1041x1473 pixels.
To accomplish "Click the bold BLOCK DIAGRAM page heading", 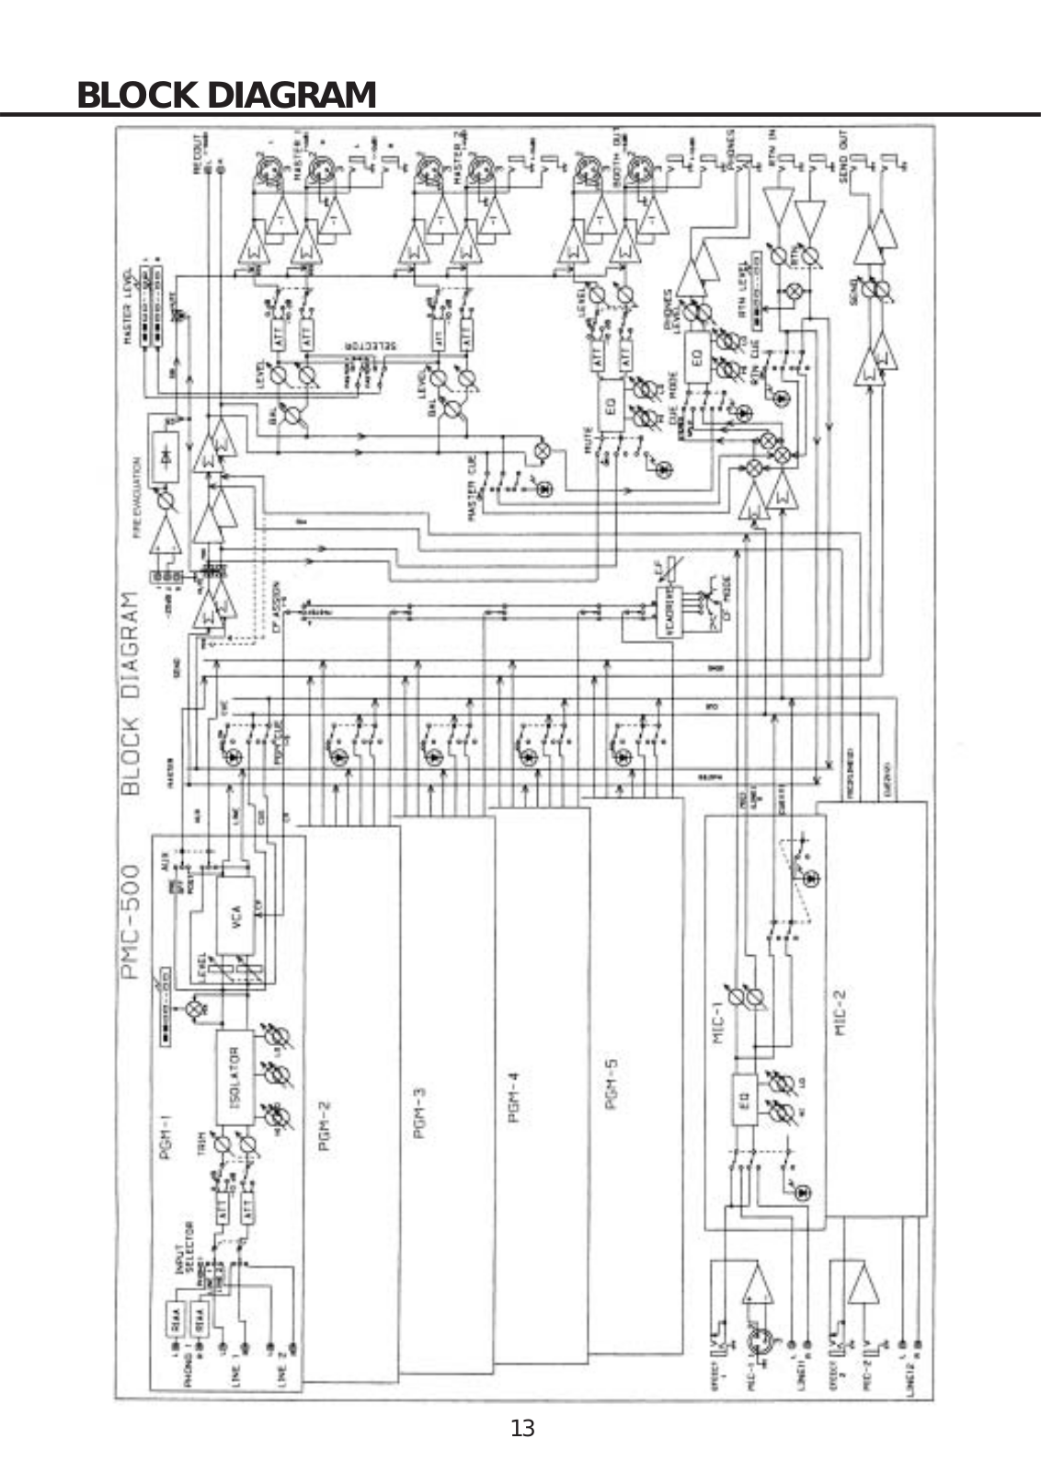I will click(226, 95).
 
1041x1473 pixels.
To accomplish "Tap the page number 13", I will click(521, 1428).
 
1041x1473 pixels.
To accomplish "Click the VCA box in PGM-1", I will click(235, 915).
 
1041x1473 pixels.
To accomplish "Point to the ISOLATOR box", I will click(234, 1076).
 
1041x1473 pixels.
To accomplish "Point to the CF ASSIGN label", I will click(276, 603).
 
